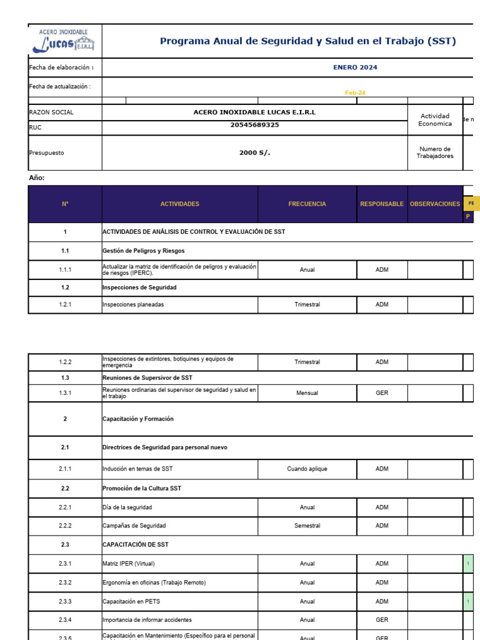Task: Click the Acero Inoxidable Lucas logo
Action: [x=64, y=41]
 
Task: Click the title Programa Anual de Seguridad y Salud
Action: [x=307, y=42]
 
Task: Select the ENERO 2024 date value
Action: [x=355, y=67]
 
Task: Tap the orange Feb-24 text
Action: [x=355, y=92]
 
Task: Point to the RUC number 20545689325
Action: [x=254, y=125]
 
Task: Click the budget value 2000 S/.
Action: [x=254, y=152]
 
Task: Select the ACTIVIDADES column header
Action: [x=179, y=204]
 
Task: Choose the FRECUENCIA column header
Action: [x=307, y=204]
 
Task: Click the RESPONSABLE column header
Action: [x=382, y=204]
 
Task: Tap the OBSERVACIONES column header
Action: [x=435, y=204]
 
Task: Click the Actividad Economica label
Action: [x=435, y=120]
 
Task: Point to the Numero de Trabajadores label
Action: [x=435, y=152]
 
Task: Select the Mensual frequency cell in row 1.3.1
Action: [x=307, y=393]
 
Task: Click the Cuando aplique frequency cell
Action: [x=307, y=469]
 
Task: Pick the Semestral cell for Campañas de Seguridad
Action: [x=307, y=526]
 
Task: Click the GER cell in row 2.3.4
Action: [x=382, y=620]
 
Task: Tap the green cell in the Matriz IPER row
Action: [x=468, y=564]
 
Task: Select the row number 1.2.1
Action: [x=65, y=305]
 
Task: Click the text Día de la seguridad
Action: [x=127, y=507]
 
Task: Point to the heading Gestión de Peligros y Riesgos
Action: [x=139, y=251]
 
